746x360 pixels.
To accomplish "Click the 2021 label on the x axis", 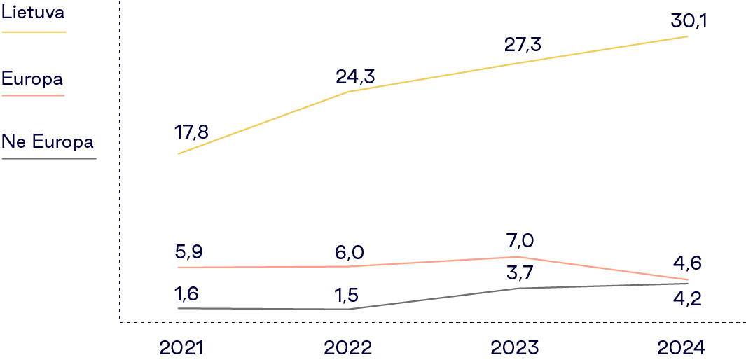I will coord(181,347).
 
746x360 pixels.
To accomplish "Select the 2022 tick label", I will coord(348,347).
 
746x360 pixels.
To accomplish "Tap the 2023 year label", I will coord(515,347).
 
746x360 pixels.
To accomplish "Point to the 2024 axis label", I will coord(682,347).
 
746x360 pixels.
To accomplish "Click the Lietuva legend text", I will coord(33,13).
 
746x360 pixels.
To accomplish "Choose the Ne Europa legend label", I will coord(48,141).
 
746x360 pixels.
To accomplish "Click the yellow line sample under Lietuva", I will coord(34,32).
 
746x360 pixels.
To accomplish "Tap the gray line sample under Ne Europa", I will coord(48,158).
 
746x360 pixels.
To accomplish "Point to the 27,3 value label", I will coord(523,46).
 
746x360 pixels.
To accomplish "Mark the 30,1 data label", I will coord(689,21).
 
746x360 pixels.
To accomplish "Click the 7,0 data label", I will coord(518,241).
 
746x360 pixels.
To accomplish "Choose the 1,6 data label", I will coord(187,294).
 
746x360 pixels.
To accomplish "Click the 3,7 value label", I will coord(518,271).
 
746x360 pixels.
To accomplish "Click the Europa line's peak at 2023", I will coord(517,257).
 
